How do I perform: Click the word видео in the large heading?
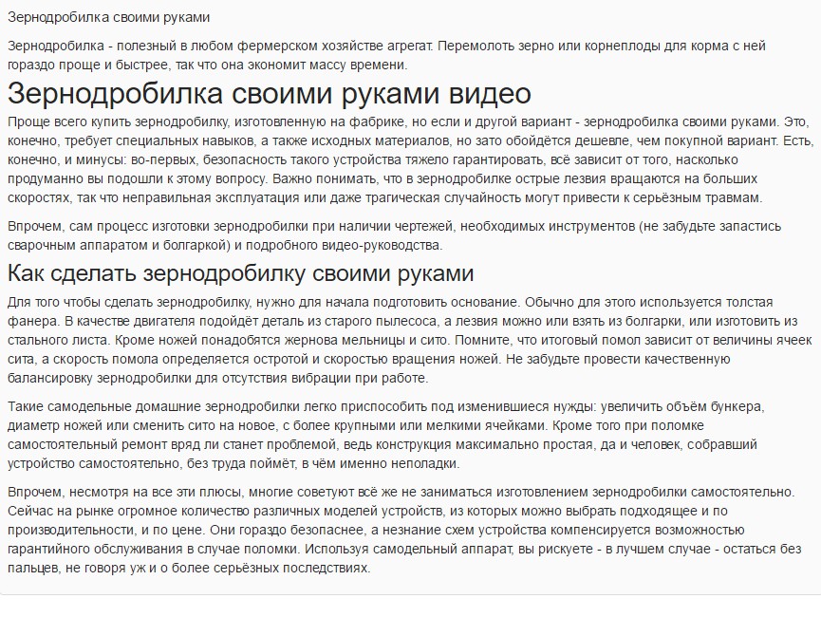click(479, 95)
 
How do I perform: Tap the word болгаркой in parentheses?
click(188, 245)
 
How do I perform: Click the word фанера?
click(29, 321)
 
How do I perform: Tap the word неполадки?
click(420, 463)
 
